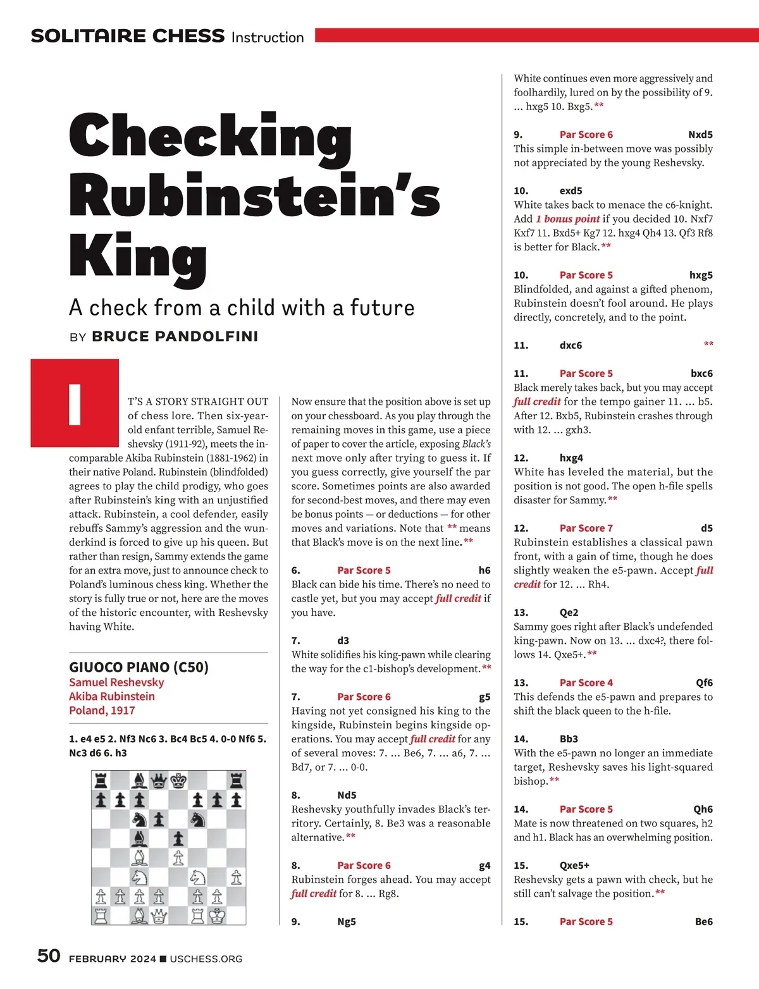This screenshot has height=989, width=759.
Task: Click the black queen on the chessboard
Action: click(159, 780)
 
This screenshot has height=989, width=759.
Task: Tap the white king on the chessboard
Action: click(217, 915)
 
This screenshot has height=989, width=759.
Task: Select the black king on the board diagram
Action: click(178, 780)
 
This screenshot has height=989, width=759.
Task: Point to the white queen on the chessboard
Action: click(159, 915)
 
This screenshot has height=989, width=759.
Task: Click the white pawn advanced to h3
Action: click(237, 876)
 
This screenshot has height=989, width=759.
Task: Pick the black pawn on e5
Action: click(178, 838)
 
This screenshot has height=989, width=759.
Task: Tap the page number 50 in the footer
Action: click(49, 955)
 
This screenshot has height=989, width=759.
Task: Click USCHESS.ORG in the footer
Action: click(206, 959)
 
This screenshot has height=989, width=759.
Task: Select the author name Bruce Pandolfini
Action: click(175, 336)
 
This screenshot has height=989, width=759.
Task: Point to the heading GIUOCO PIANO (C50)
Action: click(139, 667)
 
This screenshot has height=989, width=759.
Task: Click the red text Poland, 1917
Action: click(102, 710)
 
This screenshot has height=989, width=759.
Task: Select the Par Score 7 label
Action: click(586, 528)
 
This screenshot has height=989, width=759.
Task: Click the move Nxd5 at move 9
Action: click(700, 135)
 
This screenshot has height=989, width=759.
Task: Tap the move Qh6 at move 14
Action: click(703, 809)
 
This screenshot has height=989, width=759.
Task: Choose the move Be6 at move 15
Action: click(703, 922)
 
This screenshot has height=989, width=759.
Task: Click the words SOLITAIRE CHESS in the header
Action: click(128, 36)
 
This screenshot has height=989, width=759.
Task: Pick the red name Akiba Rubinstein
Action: click(111, 696)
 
